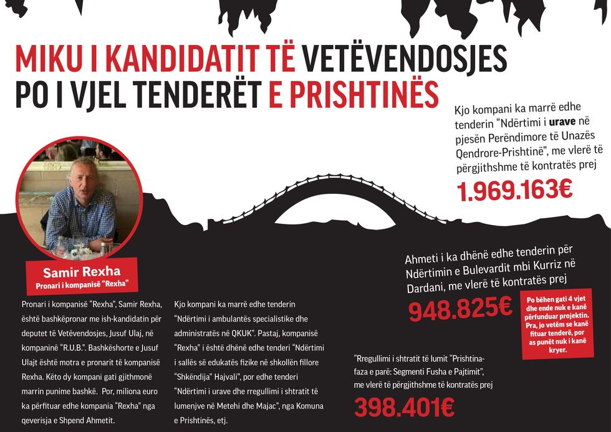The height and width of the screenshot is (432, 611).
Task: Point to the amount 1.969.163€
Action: coord(515,190)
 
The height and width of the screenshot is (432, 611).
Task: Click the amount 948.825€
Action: coord(460,309)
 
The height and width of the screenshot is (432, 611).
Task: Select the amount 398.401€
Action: coord(404,408)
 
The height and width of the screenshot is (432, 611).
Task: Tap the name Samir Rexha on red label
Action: coord(81,272)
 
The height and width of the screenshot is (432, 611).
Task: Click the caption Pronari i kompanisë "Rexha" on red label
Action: coord(82,284)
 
